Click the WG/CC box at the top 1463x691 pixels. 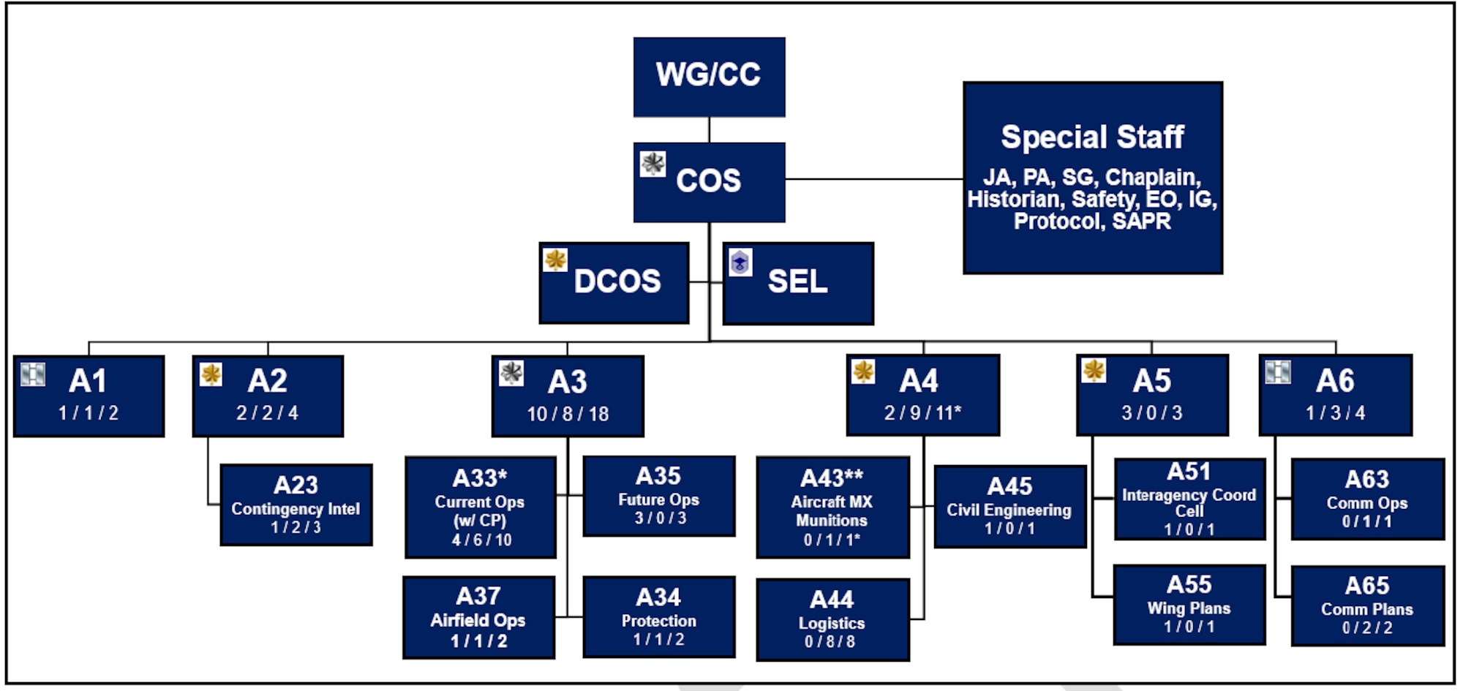point(709,77)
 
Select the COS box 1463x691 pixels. point(709,181)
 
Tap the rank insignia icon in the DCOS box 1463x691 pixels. point(555,260)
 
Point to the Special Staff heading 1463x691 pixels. point(1092,137)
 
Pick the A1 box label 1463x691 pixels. point(88,381)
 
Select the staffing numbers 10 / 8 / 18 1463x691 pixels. point(568,414)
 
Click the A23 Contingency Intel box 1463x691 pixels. point(296,505)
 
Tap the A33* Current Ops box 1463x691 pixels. point(480,507)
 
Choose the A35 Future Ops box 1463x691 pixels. point(658,496)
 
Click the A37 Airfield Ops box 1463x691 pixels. point(478,617)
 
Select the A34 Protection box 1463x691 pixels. point(658,617)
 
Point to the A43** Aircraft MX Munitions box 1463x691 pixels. point(832,507)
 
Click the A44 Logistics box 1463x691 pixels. point(832,619)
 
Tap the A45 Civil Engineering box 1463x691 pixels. point(1009,506)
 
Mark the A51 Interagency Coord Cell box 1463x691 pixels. point(1189,499)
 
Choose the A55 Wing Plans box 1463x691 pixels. point(1189,605)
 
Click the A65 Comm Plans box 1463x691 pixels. point(1367,605)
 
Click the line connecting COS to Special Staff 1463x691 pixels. point(874,178)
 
